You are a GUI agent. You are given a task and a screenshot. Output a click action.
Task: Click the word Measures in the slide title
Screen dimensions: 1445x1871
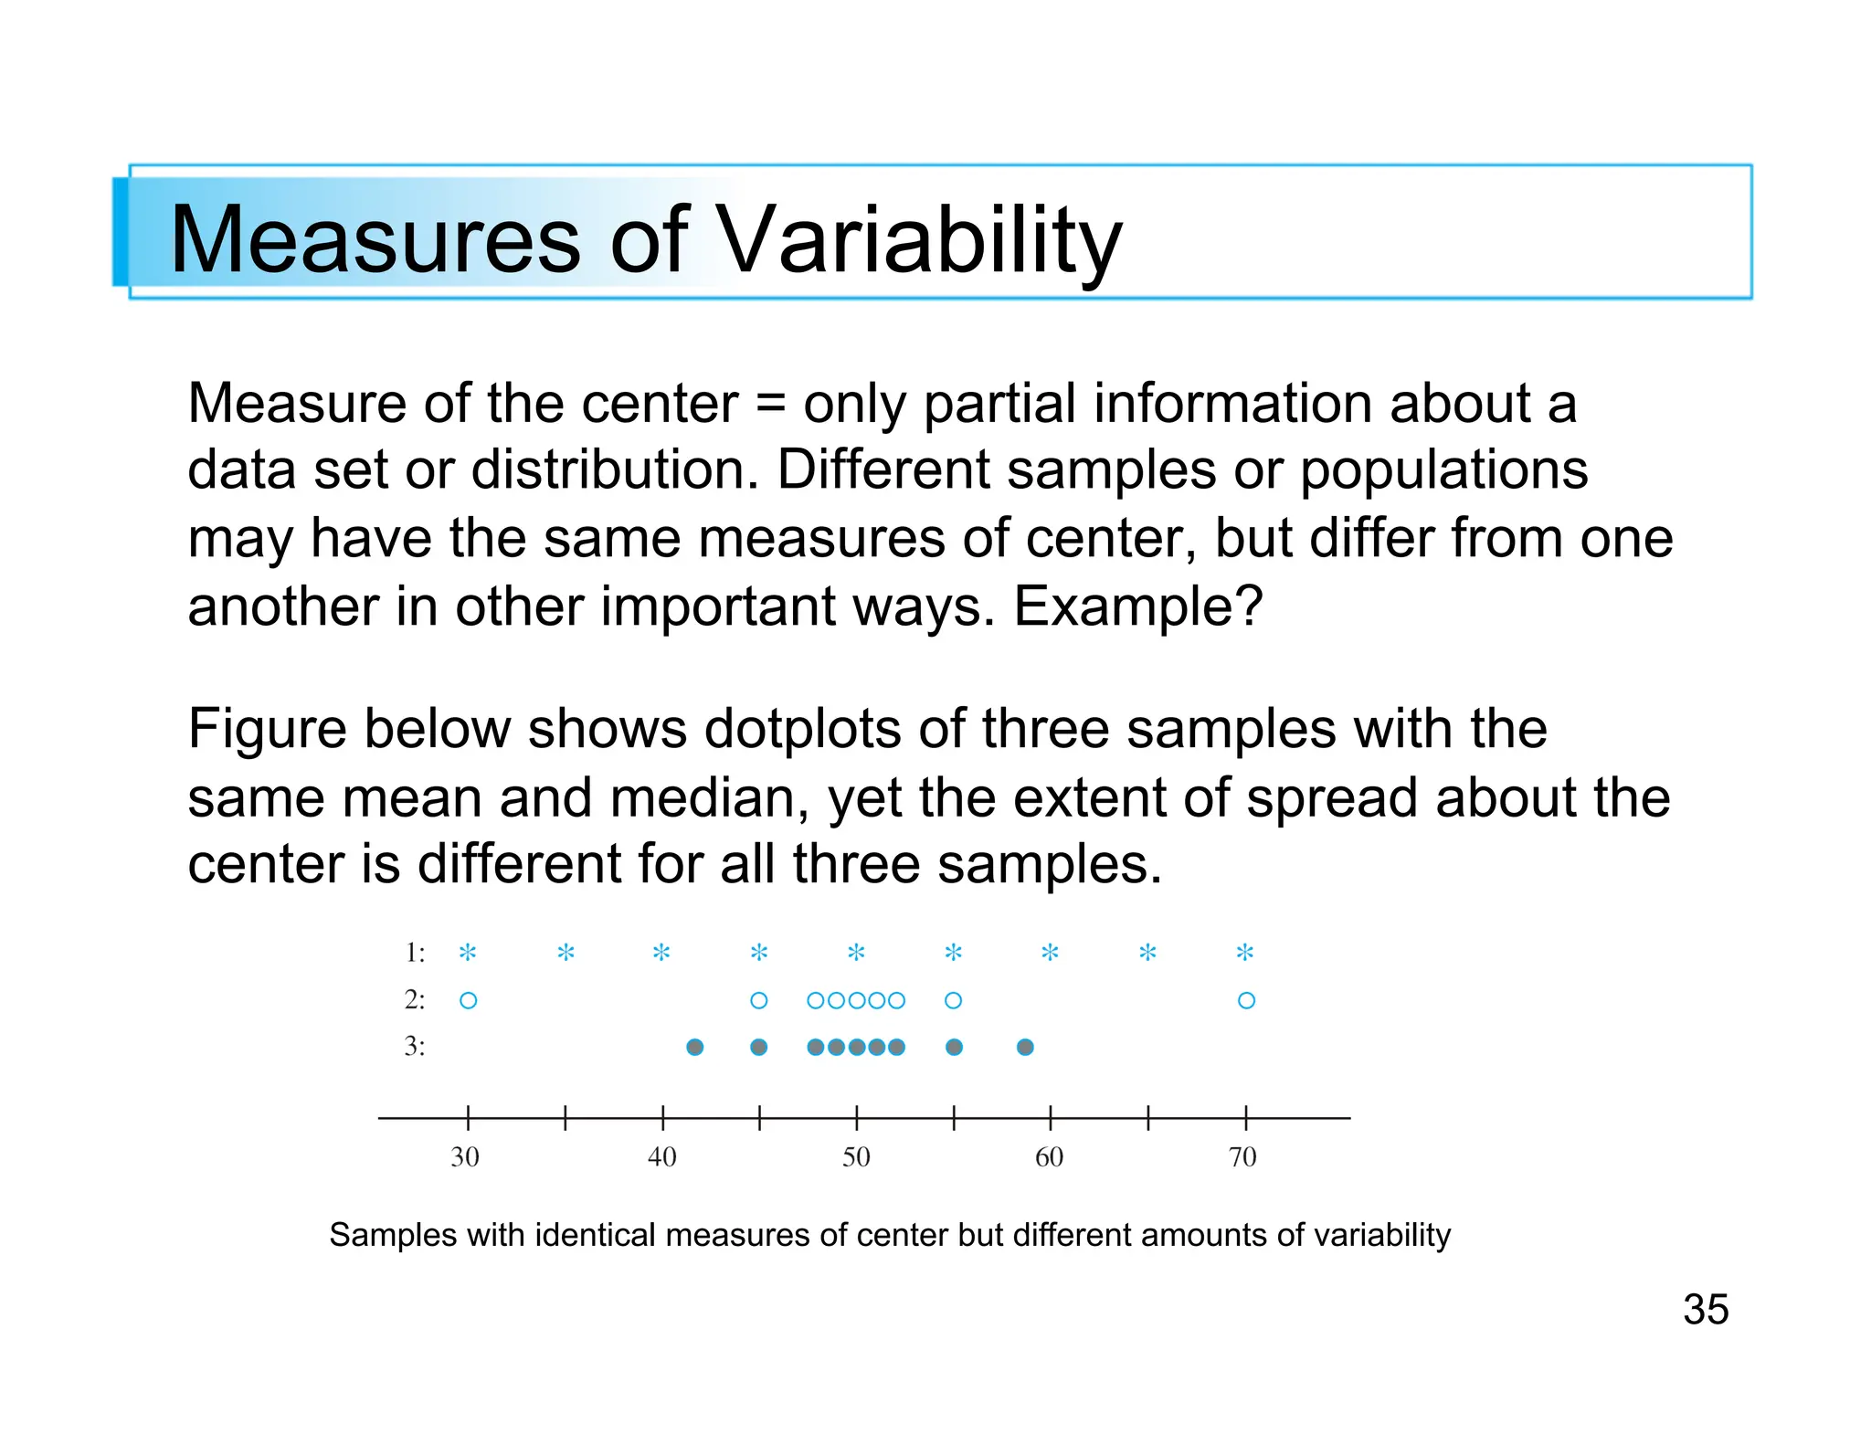(x=375, y=239)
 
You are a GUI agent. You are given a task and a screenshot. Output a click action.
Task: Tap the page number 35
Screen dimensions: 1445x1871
(x=1706, y=1309)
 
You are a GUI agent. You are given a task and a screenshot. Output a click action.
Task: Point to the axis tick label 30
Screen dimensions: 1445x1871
(x=465, y=1157)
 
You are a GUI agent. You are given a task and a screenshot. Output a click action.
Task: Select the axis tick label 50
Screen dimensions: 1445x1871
(x=856, y=1157)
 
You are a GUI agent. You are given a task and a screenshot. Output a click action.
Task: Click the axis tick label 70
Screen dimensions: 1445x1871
(x=1242, y=1157)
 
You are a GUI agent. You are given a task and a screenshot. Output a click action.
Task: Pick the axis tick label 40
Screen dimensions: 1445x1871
(x=661, y=1157)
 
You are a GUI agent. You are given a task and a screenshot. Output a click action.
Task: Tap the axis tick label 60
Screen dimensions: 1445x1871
(x=1049, y=1157)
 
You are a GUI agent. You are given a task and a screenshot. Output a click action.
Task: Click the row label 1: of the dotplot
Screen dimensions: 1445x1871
(x=415, y=953)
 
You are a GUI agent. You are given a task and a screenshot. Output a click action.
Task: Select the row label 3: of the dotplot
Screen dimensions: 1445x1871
(x=415, y=1046)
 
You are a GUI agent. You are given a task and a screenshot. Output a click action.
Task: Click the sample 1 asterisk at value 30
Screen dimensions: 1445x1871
(x=468, y=953)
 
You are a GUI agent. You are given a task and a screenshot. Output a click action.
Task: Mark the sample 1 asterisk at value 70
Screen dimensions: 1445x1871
(x=1245, y=953)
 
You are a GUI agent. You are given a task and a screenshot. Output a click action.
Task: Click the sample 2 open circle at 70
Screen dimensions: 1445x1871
(x=1246, y=1000)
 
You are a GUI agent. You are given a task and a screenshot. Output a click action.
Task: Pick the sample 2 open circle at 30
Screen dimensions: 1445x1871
(x=469, y=1000)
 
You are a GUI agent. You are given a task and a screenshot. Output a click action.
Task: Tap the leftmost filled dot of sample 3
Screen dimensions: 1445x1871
(x=695, y=1047)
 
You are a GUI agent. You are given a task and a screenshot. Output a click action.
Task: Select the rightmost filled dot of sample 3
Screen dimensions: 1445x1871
(x=1025, y=1047)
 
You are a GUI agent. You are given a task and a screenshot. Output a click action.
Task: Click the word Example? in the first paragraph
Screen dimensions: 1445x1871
(x=1137, y=606)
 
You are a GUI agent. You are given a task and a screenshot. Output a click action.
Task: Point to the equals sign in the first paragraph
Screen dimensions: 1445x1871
(x=771, y=404)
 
